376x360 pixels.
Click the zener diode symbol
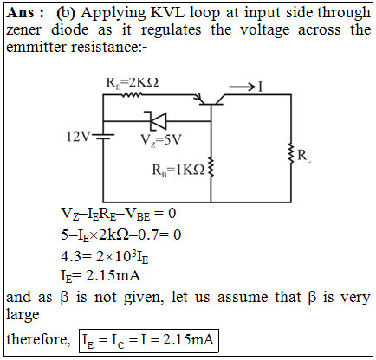click(158, 121)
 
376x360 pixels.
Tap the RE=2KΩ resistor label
click(133, 83)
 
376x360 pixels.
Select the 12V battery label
click(78, 137)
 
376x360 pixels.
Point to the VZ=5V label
click(161, 140)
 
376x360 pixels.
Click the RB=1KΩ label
click(178, 170)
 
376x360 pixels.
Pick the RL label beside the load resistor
click(304, 156)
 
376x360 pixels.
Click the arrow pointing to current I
click(242, 87)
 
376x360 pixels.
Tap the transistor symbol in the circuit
click(211, 100)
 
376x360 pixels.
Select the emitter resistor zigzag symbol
click(132, 94)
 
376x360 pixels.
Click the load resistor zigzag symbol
click(291, 153)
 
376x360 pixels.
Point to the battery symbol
click(106, 137)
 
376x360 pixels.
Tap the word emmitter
click(36, 47)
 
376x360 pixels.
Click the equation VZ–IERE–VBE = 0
click(118, 214)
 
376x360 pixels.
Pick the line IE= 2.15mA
click(100, 276)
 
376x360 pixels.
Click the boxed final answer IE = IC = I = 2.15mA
click(148, 340)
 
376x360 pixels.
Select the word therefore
click(38, 339)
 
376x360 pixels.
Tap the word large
click(23, 315)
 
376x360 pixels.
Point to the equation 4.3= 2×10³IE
click(105, 256)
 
